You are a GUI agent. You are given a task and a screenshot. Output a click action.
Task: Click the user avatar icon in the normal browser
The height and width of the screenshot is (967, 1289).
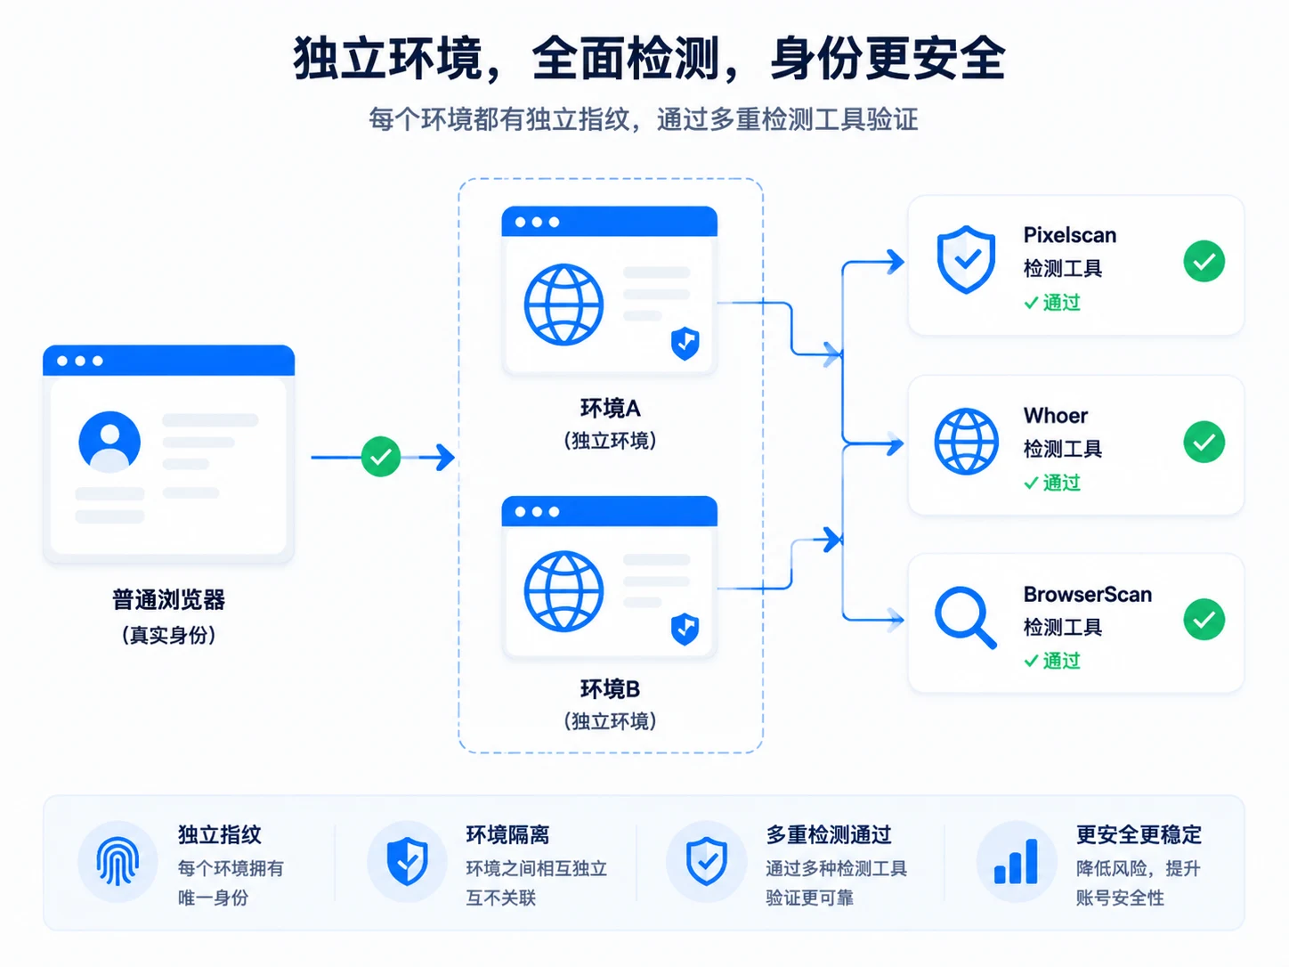click(109, 442)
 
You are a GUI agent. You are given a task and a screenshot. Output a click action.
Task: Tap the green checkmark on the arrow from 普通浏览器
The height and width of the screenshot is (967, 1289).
click(380, 456)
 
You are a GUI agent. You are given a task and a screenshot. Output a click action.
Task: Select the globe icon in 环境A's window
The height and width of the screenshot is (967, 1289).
click(563, 305)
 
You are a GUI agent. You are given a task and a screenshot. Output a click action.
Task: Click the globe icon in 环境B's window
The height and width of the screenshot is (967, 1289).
click(563, 590)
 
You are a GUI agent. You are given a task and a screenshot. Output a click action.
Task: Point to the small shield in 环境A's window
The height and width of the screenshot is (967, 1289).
click(685, 343)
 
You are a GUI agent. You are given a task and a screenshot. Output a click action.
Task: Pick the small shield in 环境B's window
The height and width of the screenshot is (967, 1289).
click(685, 629)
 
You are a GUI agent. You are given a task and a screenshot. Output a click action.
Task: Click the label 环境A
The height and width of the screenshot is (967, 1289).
click(610, 408)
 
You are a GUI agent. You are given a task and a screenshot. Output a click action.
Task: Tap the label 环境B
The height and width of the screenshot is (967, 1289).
click(610, 688)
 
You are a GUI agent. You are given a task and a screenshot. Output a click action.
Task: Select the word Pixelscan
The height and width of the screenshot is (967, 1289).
click(1069, 235)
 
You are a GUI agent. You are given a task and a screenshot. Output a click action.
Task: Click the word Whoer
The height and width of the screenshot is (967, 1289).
click(1055, 415)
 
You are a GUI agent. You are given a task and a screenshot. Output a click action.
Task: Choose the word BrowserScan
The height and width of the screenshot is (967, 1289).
click(1088, 594)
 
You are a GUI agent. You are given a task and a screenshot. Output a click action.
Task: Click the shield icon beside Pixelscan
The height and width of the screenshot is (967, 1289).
click(966, 259)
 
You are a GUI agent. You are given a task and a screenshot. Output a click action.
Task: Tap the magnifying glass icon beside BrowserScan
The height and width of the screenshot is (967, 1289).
click(966, 617)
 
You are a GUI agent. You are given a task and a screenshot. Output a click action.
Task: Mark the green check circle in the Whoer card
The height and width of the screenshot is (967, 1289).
click(1204, 442)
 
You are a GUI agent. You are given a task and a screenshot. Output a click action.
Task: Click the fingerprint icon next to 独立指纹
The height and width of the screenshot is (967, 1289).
click(118, 861)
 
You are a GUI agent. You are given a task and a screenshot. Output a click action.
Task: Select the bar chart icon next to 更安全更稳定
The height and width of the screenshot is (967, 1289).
click(1016, 861)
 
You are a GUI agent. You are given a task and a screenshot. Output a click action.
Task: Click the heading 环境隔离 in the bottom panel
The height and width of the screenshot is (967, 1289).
click(507, 834)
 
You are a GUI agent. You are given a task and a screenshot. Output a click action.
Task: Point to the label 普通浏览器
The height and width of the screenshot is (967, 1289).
click(168, 599)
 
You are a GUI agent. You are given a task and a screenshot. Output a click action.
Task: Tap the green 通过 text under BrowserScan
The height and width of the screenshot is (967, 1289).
click(1061, 661)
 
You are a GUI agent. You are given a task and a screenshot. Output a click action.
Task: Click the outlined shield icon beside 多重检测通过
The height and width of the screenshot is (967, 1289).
click(707, 861)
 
